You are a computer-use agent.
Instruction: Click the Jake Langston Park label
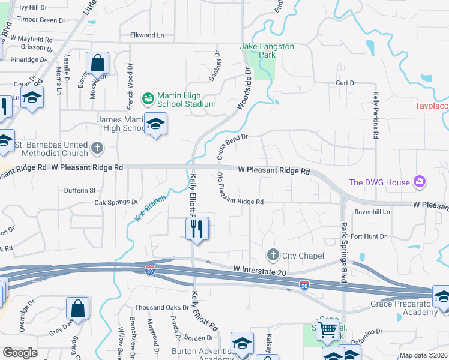259,50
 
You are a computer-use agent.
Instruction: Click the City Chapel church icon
273,255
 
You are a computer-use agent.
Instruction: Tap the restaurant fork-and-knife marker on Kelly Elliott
197,229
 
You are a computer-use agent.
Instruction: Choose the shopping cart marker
327,329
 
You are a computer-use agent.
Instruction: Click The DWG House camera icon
420,182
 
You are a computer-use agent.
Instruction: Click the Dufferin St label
80,190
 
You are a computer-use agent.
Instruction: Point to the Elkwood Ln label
147,35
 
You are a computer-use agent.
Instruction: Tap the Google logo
20,353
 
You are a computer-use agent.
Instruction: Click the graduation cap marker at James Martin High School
156,124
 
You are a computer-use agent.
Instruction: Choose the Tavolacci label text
432,106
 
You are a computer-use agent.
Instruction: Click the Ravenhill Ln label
372,212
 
